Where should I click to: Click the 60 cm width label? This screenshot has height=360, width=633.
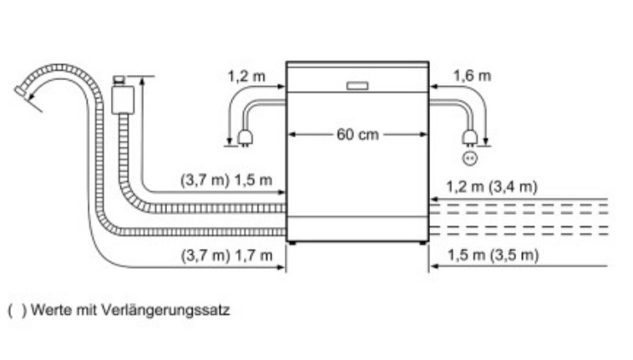(358, 135)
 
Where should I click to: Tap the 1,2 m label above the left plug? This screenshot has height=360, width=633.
(246, 76)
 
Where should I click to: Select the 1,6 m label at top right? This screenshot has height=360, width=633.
(472, 76)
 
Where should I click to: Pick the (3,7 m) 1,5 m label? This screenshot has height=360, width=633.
(226, 180)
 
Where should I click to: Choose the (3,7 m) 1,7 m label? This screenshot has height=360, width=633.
(226, 255)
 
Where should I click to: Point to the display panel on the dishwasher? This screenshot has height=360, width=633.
(358, 86)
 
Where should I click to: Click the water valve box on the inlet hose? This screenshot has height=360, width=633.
(123, 97)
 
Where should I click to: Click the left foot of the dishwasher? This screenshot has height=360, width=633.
(291, 243)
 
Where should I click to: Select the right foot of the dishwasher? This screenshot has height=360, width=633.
(423, 243)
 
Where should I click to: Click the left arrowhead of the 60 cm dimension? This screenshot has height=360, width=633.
(291, 135)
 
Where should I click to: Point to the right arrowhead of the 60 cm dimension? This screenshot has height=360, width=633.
(424, 135)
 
